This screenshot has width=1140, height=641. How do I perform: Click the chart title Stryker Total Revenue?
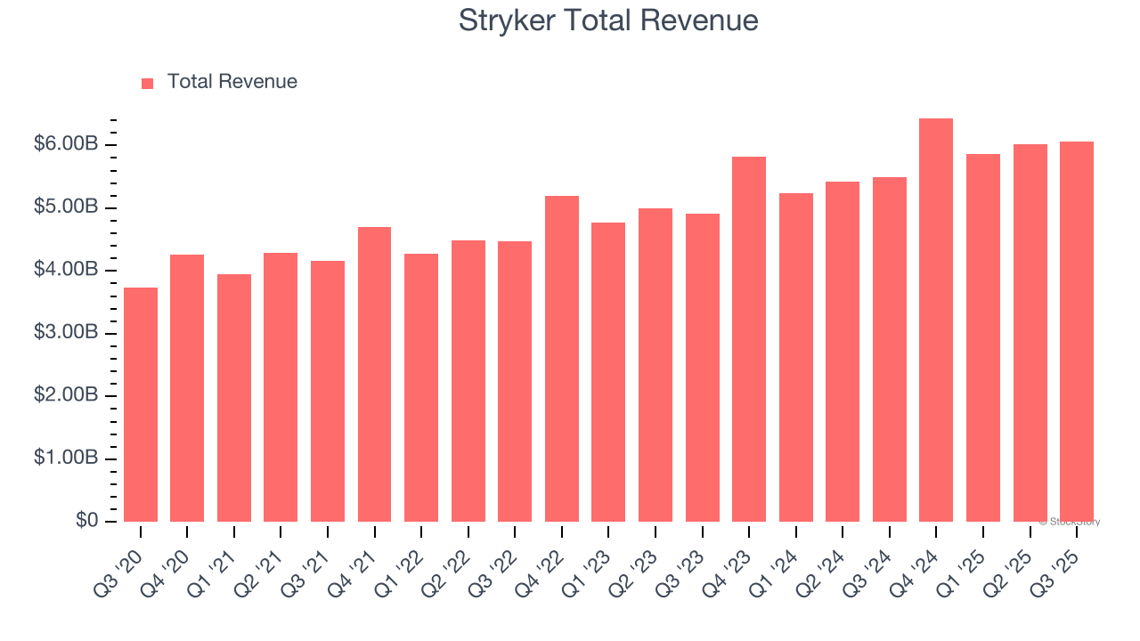[608, 20]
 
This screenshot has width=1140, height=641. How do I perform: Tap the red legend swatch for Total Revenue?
[148, 83]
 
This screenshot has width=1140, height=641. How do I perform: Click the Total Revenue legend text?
[232, 82]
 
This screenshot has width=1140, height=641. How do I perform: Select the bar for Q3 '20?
[141, 405]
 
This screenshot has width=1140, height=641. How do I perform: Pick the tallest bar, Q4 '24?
[936, 320]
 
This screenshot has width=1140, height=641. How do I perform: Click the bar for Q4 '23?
[749, 339]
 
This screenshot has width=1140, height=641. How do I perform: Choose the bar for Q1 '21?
[234, 398]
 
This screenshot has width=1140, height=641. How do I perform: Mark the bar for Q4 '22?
[562, 359]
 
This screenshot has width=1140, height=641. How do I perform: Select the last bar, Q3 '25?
[1076, 331]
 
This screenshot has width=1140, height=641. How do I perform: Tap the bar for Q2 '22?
[468, 381]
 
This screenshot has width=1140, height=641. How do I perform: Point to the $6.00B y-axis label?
[65, 144]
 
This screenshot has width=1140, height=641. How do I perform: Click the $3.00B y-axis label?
[65, 332]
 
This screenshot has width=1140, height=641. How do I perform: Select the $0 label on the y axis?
[86, 520]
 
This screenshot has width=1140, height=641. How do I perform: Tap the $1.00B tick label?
[65, 458]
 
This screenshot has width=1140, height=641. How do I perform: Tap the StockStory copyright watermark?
[1069, 522]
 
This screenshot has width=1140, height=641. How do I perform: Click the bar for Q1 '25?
[982, 338]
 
